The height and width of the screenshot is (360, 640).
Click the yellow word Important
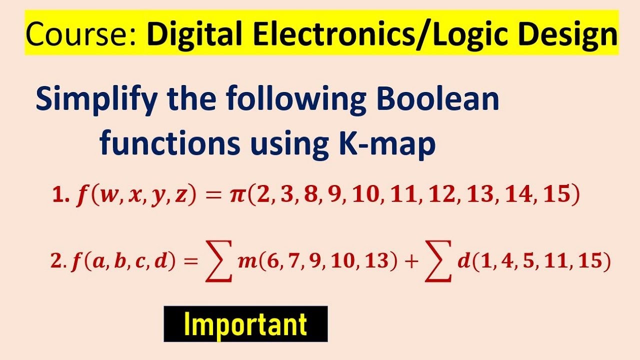tap(245, 324)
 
